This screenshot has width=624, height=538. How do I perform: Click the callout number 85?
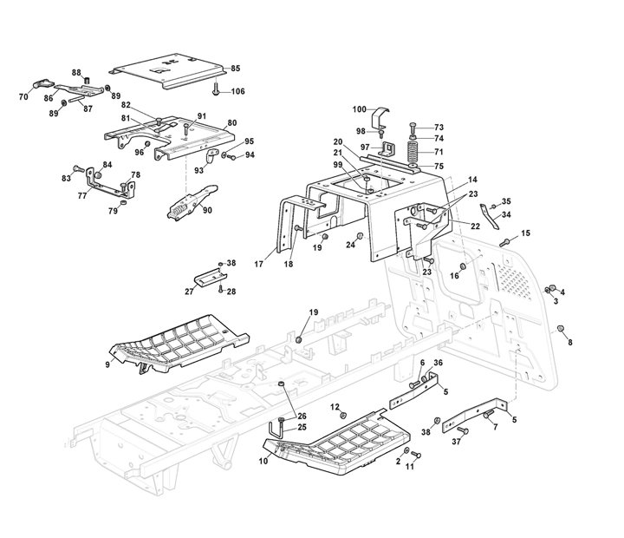pyautogui.click(x=235, y=68)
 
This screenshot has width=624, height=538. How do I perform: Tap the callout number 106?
pyautogui.click(x=237, y=92)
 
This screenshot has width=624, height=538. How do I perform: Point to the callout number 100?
pyautogui.click(x=359, y=109)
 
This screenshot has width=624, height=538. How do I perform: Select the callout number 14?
pyautogui.click(x=472, y=179)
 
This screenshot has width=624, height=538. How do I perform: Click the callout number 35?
pyautogui.click(x=506, y=201)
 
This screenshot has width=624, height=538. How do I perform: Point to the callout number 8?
pyautogui.click(x=569, y=344)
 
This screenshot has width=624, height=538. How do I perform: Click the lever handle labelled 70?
pyautogui.click(x=40, y=83)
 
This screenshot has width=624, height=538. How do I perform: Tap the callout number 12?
pyautogui.click(x=333, y=406)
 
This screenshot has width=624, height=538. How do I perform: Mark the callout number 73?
pyautogui.click(x=439, y=127)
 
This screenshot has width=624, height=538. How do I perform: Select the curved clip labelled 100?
pyautogui.click(x=380, y=119)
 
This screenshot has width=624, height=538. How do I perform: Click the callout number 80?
pyautogui.click(x=231, y=122)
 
